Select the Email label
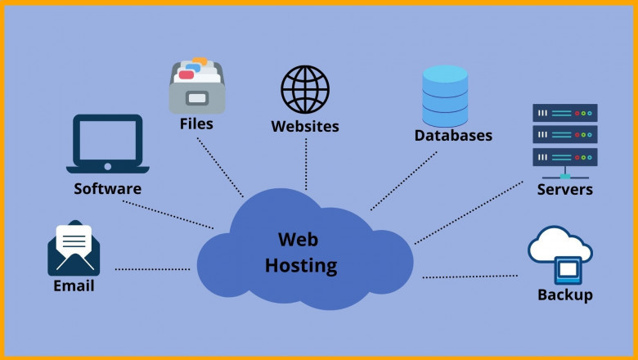tap(74, 286)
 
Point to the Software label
tap(107, 189)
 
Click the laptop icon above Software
tap(108, 145)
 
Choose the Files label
tap(196, 124)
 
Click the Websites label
tap(305, 127)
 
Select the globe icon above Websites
tap(305, 90)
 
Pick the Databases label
tap(453, 135)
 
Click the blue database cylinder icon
tap(446, 92)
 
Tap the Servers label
tap(565, 191)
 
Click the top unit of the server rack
tap(565, 113)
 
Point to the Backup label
tap(565, 295)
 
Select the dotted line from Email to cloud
tap(152, 268)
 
